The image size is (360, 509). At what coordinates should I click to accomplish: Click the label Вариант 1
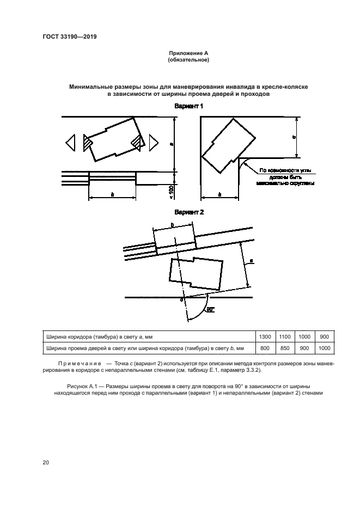pyautogui.click(x=188, y=107)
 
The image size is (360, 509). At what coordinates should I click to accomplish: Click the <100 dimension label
pyautogui.click(x=170, y=192)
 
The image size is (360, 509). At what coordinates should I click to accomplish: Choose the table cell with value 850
pyautogui.click(x=285, y=347)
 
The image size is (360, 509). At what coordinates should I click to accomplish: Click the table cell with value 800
pyautogui.click(x=266, y=347)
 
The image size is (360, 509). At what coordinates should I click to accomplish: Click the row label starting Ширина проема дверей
pyautogui.click(x=145, y=347)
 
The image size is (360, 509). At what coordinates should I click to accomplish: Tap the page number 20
pyautogui.click(x=46, y=462)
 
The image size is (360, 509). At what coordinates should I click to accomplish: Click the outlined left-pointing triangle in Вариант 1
pyautogui.click(x=70, y=143)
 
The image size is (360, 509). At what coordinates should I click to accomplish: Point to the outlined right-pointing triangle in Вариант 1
pyautogui.click(x=154, y=143)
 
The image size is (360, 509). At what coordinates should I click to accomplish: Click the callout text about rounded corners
pyautogui.click(x=286, y=176)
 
